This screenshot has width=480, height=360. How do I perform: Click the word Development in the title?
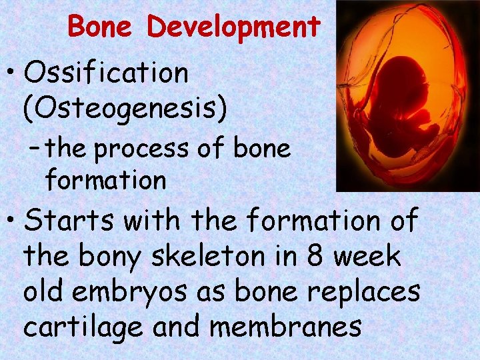click(233, 28)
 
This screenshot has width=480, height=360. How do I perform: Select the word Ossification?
click(107, 74)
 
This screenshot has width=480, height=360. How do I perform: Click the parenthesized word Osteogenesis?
click(125, 107)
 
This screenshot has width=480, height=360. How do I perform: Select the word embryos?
click(137, 292)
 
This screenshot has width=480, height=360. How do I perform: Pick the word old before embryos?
click(48, 292)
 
